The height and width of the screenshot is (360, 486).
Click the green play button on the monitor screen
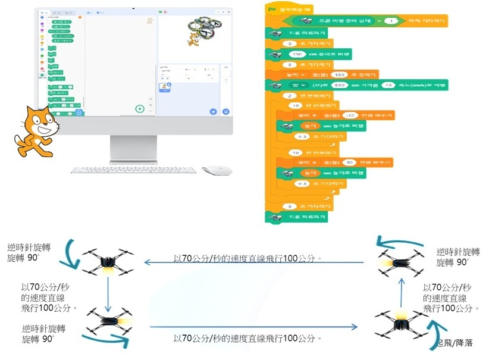click(139, 108)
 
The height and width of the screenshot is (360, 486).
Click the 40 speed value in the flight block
click(388, 86)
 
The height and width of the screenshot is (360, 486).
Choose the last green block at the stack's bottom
click(297, 217)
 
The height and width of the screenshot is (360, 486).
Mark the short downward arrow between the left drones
click(107, 292)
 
